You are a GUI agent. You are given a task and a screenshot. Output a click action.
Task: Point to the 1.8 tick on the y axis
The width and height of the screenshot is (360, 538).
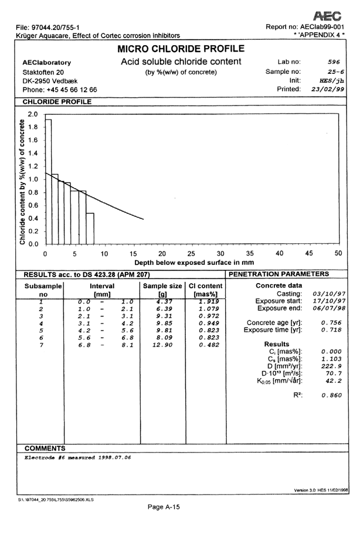point(33,127)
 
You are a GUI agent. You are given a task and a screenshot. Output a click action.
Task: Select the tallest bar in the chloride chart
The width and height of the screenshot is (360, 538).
point(49,182)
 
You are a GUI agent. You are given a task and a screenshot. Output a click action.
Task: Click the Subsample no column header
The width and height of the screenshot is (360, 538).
point(42,289)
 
